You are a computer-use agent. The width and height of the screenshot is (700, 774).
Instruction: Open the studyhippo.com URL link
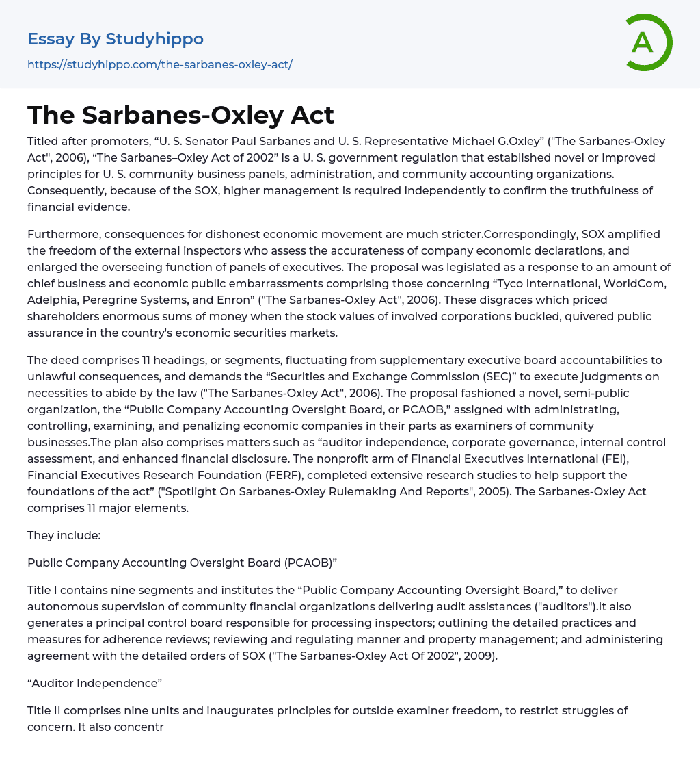[x=160, y=65]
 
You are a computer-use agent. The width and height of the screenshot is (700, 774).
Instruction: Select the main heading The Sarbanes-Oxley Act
[x=181, y=115]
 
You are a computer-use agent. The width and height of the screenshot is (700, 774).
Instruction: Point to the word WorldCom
[x=632, y=283]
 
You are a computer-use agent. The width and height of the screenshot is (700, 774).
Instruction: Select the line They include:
[x=64, y=535]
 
